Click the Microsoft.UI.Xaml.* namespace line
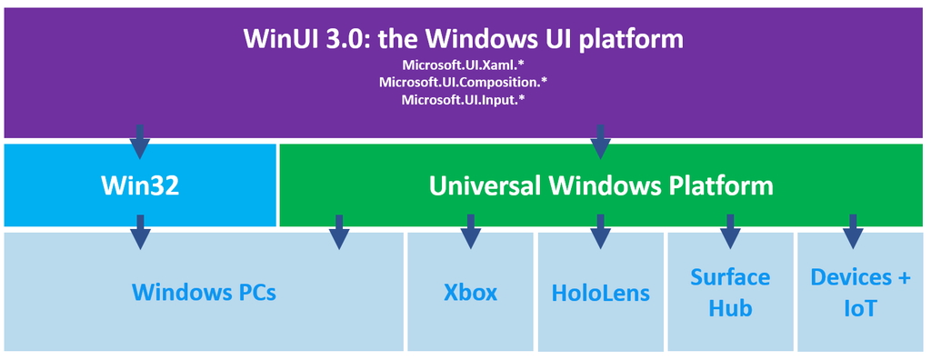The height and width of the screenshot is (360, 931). (464, 65)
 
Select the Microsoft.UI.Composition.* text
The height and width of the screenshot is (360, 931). (464, 83)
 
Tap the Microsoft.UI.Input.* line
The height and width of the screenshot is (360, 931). (464, 100)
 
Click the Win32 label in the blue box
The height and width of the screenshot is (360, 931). (139, 185)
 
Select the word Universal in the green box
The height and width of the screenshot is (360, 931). (484, 185)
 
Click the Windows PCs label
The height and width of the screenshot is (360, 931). (204, 293)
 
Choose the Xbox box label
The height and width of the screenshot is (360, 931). (470, 293)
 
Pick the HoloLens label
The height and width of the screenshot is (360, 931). (600, 293)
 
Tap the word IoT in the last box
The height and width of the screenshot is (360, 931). (859, 308)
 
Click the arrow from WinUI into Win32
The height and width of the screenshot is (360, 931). (139, 142)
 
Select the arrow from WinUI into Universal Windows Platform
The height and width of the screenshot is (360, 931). (600, 142)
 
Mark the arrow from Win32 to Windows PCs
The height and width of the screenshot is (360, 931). (139, 232)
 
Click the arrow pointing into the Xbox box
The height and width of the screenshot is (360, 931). (470, 232)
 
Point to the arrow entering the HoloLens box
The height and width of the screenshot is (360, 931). (600, 232)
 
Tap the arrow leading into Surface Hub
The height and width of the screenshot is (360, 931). (729, 232)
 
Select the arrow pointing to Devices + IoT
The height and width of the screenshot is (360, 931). (853, 232)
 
